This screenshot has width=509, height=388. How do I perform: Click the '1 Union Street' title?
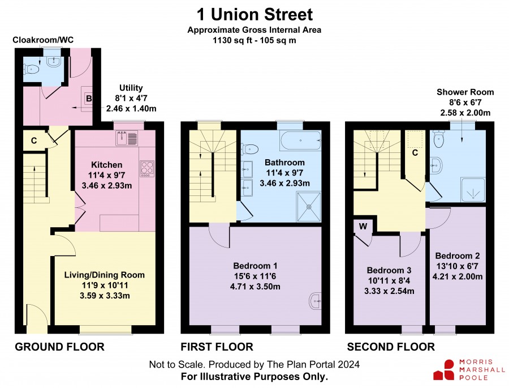[255, 15]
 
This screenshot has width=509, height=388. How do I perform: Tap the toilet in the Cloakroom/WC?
[32, 69]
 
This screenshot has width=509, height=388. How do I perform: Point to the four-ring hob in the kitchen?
[147, 169]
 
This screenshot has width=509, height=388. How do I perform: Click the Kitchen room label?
[106, 165]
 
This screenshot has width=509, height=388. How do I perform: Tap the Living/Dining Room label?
[104, 275]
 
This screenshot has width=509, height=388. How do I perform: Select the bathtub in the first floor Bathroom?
[300, 140]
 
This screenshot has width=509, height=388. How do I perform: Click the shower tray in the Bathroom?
[309, 207]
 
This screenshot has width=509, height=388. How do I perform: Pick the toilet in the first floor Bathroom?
[249, 150]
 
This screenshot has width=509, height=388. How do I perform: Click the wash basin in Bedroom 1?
[315, 301]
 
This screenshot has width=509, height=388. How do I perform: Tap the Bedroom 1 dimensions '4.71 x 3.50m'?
[255, 287]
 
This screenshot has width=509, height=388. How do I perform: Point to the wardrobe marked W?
[363, 227]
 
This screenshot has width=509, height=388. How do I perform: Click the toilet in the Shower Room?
[438, 139]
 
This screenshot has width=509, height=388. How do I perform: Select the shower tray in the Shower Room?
[473, 190]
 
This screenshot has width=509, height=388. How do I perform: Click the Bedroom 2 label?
[458, 256]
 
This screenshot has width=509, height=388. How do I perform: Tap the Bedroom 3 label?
[389, 270]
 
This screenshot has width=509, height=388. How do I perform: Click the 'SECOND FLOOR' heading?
[391, 347]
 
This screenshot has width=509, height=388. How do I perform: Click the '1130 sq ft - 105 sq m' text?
[254, 41]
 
